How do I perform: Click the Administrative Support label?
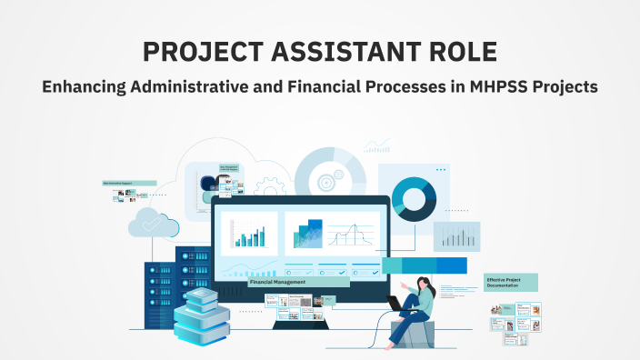click(124, 184)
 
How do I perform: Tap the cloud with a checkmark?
click(149, 223)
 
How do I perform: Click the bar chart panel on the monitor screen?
click(249, 234)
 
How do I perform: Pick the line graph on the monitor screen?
click(355, 235)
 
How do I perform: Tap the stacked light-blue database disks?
click(202, 314)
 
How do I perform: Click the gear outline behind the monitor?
click(269, 187)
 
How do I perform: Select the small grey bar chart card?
click(457, 236)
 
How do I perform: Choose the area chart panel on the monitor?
click(305, 234)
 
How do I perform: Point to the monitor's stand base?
click(300, 324)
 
